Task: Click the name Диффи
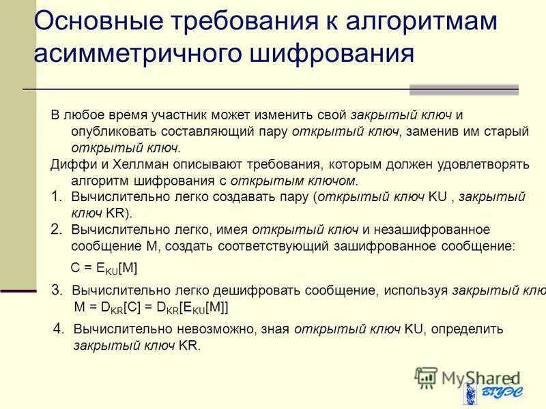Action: [70, 164]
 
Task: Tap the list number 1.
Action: [57, 196]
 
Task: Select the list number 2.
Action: [57, 229]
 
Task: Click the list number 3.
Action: [57, 290]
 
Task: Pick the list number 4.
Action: [59, 329]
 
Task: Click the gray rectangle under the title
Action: [463, 90]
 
